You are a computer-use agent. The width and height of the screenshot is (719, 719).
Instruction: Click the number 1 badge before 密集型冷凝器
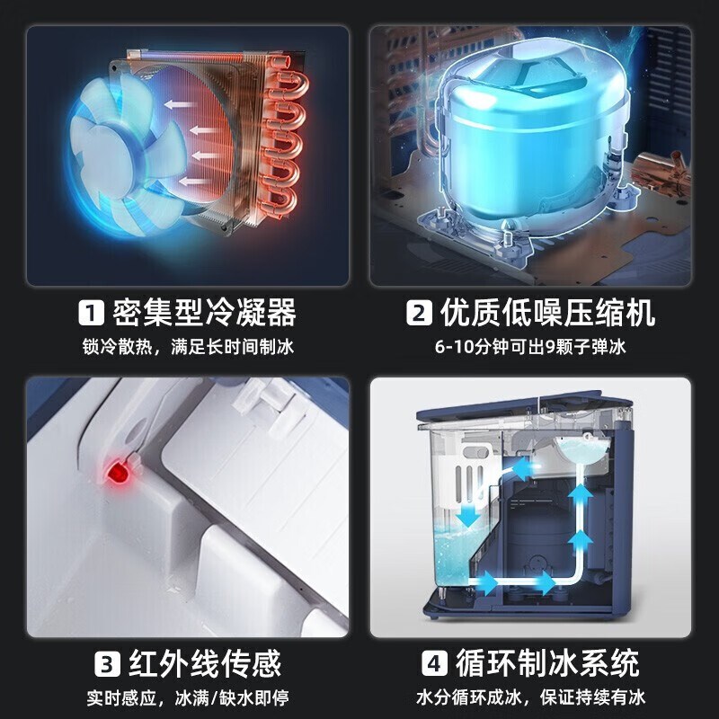pos(92,313)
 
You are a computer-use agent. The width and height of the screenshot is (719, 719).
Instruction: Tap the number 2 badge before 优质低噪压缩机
pos(419,313)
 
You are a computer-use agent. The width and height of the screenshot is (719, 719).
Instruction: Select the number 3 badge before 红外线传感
pos(107,663)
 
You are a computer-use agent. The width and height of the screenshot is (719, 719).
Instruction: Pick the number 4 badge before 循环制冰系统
pos(434,663)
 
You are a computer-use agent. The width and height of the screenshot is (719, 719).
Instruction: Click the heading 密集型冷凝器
pos(205,313)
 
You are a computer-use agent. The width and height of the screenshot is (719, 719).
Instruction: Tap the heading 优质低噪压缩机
pos(547,313)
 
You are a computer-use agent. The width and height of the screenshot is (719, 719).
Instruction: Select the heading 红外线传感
pos(205,663)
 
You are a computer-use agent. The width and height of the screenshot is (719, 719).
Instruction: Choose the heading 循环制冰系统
pos(547,663)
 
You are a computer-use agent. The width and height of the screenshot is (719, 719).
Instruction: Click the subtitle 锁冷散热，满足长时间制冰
pos(188,347)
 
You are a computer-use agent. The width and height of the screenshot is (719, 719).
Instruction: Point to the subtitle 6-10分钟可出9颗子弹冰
pos(530,347)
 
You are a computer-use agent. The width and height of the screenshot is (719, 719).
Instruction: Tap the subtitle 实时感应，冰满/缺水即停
pos(188,698)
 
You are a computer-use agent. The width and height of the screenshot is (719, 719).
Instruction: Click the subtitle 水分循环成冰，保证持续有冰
pos(530,698)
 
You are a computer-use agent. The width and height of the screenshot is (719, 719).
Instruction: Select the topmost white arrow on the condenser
pos(178,104)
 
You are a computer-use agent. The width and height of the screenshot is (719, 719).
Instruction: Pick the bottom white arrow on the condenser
pos(192,182)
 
